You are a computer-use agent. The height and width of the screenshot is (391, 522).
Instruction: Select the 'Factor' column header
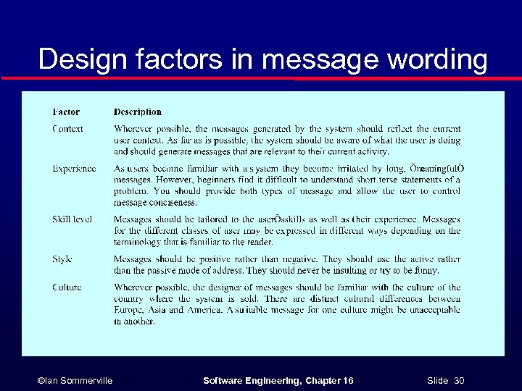[66, 112]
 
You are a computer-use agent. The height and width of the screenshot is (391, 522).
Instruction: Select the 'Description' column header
[138, 112]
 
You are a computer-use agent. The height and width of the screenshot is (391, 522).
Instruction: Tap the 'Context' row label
[67, 129]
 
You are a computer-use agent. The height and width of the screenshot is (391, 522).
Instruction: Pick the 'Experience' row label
[74, 169]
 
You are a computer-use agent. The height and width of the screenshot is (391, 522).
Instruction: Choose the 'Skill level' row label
[72, 219]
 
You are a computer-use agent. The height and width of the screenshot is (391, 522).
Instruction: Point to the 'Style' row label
[62, 258]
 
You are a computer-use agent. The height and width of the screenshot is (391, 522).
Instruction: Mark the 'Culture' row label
[67, 287]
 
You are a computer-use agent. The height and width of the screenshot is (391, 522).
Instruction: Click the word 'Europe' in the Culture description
[128, 310]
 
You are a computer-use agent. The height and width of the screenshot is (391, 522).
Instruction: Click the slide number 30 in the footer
[458, 380]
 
